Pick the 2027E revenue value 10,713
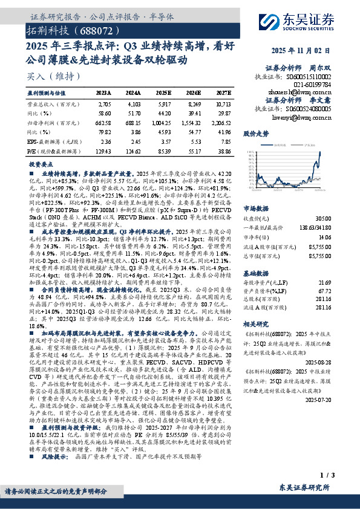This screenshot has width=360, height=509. (224, 104)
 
